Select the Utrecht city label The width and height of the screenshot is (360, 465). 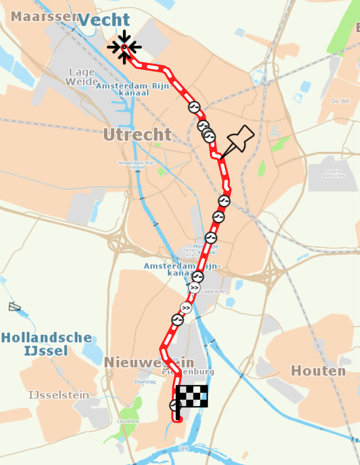(137, 134)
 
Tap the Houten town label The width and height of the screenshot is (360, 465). (318, 370)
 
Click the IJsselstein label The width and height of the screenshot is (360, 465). (59, 395)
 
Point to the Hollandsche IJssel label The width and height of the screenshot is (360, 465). (46, 344)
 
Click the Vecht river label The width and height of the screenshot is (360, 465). (104, 21)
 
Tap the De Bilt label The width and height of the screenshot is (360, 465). (343, 102)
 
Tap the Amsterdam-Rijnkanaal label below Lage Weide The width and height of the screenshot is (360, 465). (122, 90)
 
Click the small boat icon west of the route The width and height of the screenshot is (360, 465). (15, 306)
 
